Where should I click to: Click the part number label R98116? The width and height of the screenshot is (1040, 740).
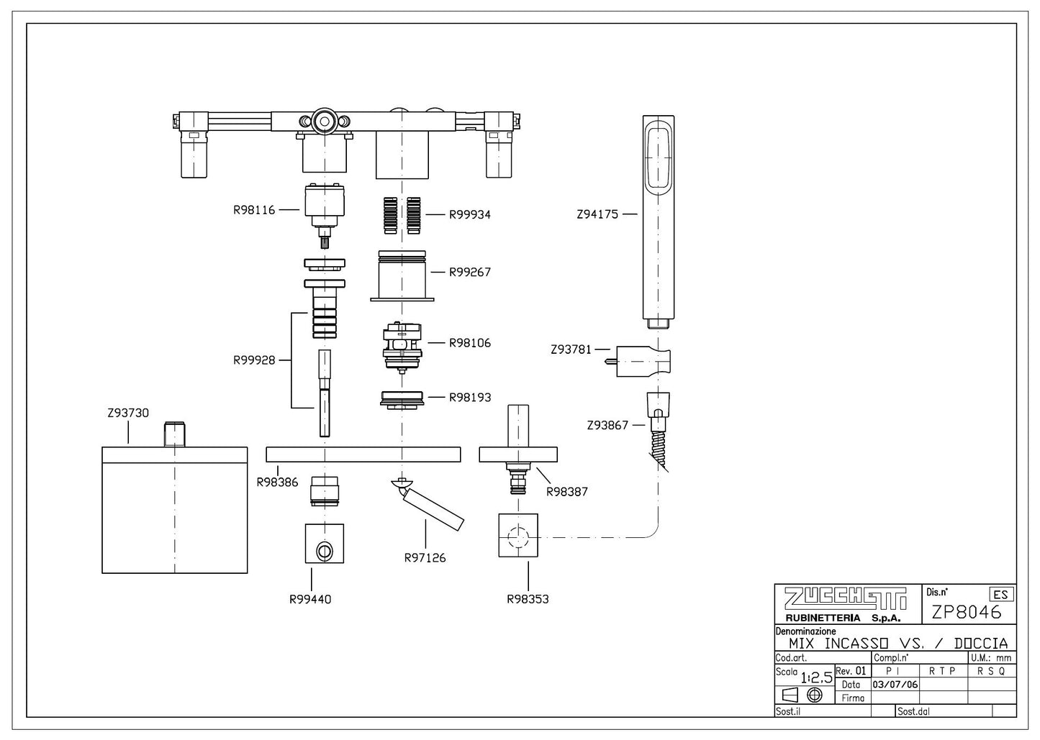(x=254, y=211)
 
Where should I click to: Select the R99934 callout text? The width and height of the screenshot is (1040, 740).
(x=470, y=214)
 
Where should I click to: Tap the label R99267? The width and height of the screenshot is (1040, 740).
(x=470, y=273)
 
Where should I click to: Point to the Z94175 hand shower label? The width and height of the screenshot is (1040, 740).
(x=597, y=214)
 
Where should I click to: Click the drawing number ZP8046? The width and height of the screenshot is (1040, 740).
(x=967, y=613)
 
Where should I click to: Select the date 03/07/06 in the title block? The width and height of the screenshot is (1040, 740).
(x=895, y=685)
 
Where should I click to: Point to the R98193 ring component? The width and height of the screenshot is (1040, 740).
(x=402, y=399)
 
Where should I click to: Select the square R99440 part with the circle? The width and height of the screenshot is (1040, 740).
(x=324, y=544)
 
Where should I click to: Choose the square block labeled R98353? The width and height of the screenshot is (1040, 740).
(x=518, y=536)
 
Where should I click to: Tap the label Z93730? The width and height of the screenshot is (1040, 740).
(x=127, y=413)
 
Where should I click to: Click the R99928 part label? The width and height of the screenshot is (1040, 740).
(x=254, y=360)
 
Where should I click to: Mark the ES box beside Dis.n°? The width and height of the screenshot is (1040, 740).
(x=1000, y=595)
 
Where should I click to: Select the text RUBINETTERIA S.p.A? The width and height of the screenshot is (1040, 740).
(x=838, y=618)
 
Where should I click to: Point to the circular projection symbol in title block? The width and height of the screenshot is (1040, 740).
(x=815, y=695)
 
